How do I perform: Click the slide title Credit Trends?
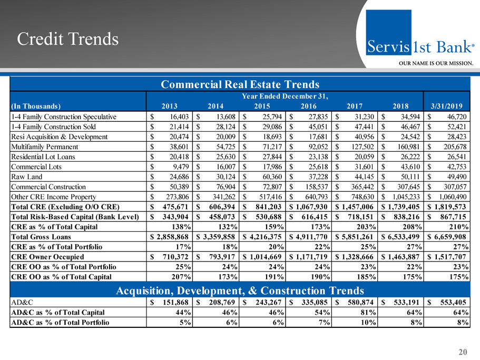tap(67, 39)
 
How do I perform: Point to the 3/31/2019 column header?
tap(449, 104)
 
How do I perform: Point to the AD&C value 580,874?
tap(359, 304)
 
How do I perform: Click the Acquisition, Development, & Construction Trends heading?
tap(240, 290)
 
